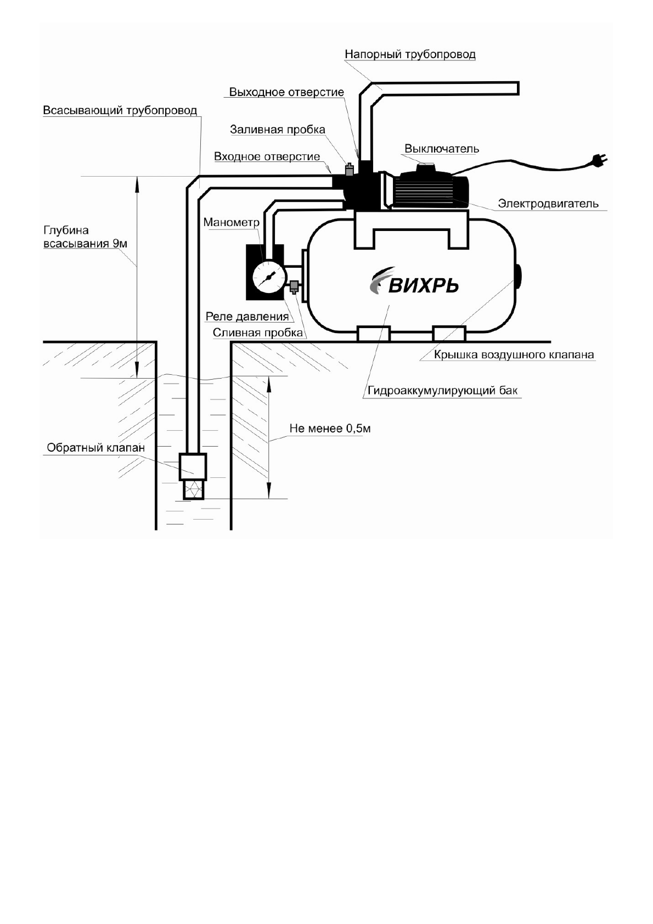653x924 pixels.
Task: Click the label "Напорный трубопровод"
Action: tap(409, 55)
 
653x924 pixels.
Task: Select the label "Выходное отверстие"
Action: tap(286, 92)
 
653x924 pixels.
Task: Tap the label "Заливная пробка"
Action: tap(277, 130)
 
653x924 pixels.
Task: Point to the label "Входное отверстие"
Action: tap(267, 157)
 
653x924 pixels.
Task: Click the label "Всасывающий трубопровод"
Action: tap(120, 111)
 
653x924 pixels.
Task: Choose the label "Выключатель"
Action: tap(442, 149)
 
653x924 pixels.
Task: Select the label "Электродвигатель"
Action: tap(548, 204)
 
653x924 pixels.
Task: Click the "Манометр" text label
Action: tap(231, 223)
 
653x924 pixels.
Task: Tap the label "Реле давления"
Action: tap(247, 317)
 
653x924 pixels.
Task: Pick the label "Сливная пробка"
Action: tap(257, 333)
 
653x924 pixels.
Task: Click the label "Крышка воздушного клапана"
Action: tap(514, 355)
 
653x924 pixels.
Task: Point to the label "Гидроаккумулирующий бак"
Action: tap(443, 391)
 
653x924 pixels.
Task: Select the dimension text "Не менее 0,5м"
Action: tap(330, 429)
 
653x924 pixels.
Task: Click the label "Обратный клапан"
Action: tap(95, 448)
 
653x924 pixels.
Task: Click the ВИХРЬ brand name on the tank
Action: tap(423, 285)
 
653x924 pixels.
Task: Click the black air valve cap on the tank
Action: tap(517, 275)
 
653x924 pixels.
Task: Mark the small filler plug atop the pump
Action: tap(348, 167)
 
